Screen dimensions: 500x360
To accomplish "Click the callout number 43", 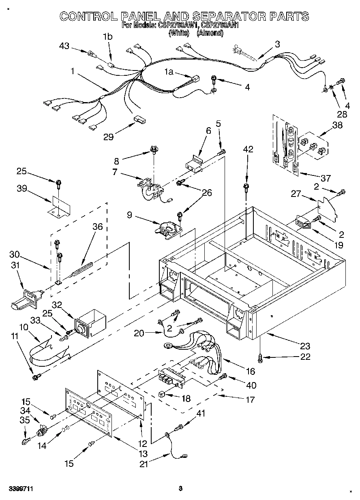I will tap(64, 46).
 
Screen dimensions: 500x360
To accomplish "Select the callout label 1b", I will tap(107, 36).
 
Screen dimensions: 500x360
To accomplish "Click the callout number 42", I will tap(248, 149).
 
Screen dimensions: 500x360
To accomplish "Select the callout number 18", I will tap(186, 399).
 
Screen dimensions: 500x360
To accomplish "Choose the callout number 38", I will tap(337, 126).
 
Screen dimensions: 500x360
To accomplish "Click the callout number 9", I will tap(129, 216).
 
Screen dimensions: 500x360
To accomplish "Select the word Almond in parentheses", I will tap(210, 33).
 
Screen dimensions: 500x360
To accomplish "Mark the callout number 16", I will tap(250, 371).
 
